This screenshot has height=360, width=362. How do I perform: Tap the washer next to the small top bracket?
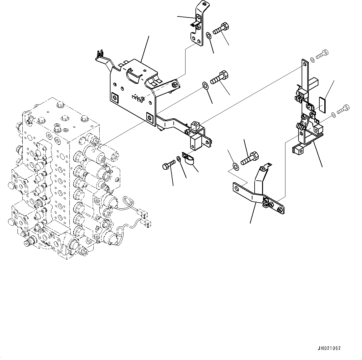point(209,36)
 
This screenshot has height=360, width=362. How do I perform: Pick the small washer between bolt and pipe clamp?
point(179,159)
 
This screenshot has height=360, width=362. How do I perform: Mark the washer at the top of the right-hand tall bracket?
point(312,59)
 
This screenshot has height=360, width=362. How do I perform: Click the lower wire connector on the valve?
point(148,223)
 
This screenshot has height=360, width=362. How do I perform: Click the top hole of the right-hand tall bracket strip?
point(304,64)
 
